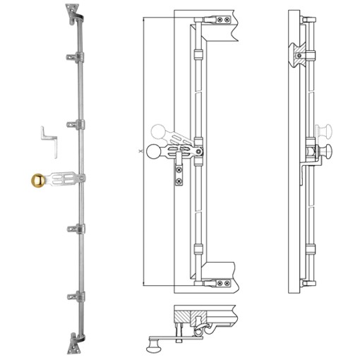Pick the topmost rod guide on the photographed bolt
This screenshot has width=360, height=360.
pyautogui.click(x=73, y=55)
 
